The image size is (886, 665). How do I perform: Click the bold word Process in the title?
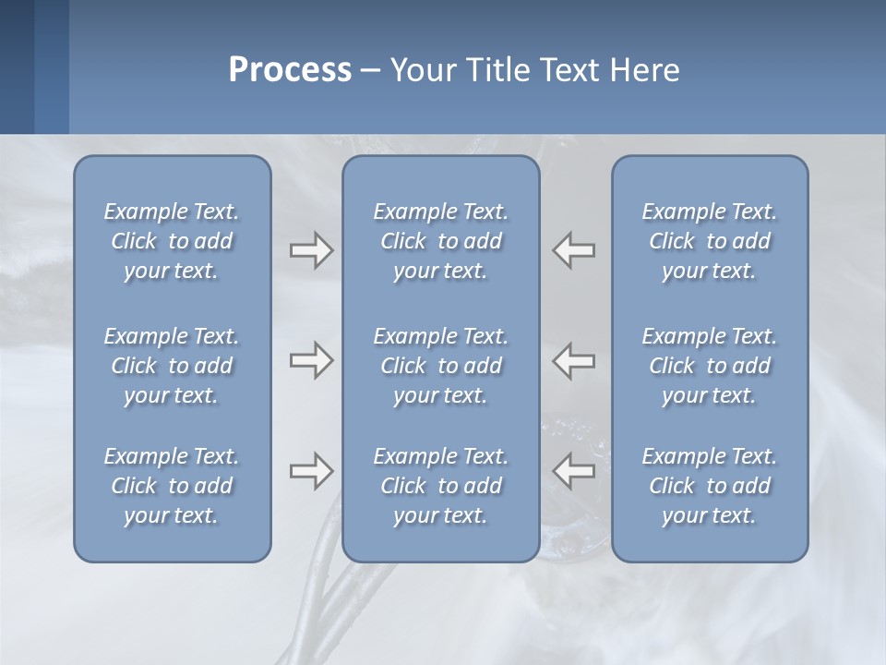[290, 70]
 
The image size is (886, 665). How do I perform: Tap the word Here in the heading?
[645, 70]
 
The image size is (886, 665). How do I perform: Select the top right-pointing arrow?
[311, 249]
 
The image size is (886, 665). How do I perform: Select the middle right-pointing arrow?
[311, 360]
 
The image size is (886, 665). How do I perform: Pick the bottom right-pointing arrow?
[311, 472]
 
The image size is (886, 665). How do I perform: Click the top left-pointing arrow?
[574, 249]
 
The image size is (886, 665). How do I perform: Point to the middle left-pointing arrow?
[574, 360]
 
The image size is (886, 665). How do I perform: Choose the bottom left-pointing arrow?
[574, 470]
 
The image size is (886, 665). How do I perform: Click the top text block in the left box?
[172, 241]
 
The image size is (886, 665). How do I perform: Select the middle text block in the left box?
[172, 366]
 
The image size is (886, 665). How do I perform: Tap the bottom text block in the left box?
[172, 486]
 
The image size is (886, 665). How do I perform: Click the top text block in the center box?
[440, 241]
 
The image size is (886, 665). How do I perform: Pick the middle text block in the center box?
[440, 366]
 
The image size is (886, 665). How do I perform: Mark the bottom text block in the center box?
[440, 486]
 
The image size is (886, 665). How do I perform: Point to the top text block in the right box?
[710, 241]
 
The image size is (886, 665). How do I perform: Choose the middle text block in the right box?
[710, 366]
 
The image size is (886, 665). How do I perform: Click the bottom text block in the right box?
[710, 486]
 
